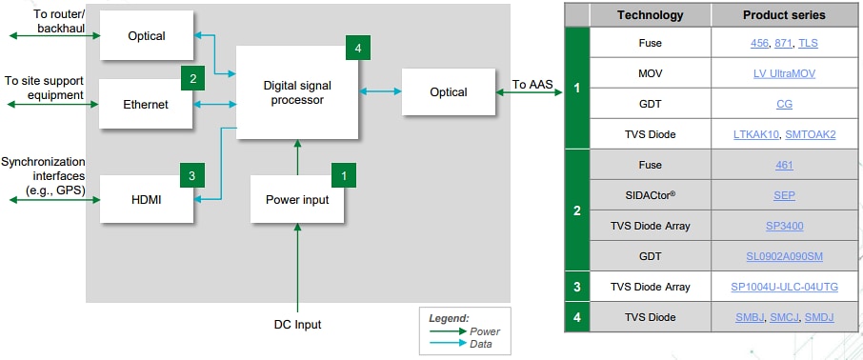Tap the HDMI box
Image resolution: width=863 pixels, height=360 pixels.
[147, 199]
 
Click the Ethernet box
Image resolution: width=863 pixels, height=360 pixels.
[147, 104]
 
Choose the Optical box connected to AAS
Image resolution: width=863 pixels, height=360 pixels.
[448, 92]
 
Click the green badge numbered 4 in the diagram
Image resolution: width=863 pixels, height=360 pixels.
[358, 48]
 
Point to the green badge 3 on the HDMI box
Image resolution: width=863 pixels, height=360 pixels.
[191, 175]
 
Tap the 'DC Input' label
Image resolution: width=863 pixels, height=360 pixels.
[297, 325]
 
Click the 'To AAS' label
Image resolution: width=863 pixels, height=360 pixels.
[532, 85]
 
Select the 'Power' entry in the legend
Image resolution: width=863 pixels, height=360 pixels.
[485, 331]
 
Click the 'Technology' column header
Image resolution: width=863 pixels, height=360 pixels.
[650, 15]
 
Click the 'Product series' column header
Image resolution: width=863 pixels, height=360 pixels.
[783, 15]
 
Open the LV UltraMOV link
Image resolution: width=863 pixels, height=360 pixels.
[783, 74]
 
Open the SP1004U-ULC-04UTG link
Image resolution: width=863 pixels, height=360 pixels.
[783, 288]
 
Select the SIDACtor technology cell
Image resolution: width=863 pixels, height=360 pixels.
[650, 195]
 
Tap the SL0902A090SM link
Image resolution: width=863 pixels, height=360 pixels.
[783, 256]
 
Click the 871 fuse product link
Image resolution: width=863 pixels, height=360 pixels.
[782, 44]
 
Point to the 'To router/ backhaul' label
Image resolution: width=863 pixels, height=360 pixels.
[59, 21]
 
